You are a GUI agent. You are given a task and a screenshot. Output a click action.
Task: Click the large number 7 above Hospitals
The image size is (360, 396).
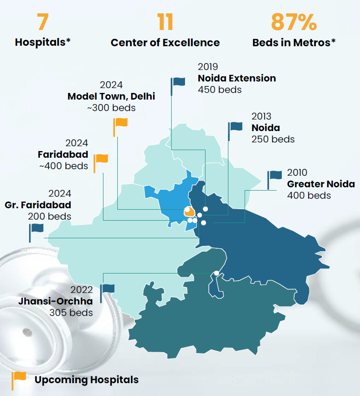(x=43, y=22)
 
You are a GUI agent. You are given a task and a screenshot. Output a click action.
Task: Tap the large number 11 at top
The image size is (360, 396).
(x=165, y=22)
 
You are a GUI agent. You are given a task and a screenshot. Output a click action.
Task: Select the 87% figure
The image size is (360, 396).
(x=294, y=22)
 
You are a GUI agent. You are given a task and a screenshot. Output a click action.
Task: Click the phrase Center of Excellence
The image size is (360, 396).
(x=165, y=42)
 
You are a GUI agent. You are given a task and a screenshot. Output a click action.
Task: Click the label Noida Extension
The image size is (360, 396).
(x=237, y=78)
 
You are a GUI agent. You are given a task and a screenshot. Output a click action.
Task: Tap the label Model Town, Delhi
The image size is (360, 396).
(x=111, y=96)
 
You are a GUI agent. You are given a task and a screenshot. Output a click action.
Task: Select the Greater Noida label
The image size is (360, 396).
(x=321, y=184)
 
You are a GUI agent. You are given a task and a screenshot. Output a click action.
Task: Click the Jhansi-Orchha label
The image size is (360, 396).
(x=55, y=301)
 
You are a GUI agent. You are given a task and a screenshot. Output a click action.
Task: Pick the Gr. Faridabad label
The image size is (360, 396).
(x=38, y=205)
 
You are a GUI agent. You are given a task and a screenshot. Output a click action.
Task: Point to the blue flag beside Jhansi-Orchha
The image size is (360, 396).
(x=107, y=289)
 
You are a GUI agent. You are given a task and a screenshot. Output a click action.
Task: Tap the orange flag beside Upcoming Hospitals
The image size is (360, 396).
(x=20, y=376)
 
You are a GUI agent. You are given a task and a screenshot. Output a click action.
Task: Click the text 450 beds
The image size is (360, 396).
(x=220, y=90)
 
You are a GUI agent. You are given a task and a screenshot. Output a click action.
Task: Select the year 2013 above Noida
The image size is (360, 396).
(x=261, y=116)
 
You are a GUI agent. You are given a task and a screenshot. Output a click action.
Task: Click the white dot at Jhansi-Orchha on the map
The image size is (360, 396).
(x=217, y=273)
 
